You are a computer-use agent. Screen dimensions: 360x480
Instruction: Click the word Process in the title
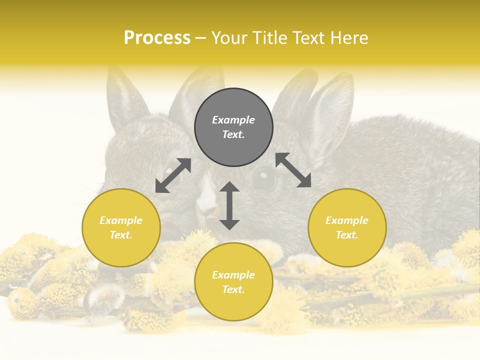157,38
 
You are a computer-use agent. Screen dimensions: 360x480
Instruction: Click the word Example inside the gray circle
233,120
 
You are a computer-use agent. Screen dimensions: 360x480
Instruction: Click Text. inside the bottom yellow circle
233,289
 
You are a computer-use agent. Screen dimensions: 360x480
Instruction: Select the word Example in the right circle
347,220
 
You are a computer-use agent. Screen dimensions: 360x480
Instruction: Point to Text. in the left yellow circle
121,235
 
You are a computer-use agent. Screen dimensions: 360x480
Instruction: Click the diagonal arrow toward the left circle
173,175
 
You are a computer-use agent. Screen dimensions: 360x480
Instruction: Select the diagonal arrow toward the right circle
293,170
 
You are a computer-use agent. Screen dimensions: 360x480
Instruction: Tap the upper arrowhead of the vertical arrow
229,187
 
